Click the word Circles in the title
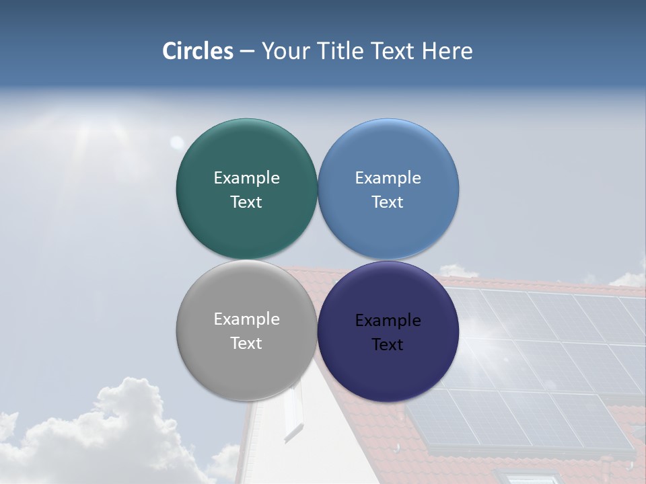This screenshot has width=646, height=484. pos(198,51)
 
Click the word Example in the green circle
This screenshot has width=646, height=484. pos(246,178)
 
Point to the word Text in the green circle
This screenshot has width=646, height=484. pos(246,202)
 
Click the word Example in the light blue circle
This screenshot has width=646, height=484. pos(388,178)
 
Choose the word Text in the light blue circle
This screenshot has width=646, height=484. pos(388,202)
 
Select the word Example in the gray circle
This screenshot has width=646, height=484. pos(246,319)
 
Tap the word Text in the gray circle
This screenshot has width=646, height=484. pos(246,344)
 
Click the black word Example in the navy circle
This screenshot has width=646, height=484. pos(388,321)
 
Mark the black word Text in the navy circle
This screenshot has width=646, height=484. pos(388,345)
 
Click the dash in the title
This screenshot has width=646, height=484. pos(247,52)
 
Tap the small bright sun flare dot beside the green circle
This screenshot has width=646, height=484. pos(176,142)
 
